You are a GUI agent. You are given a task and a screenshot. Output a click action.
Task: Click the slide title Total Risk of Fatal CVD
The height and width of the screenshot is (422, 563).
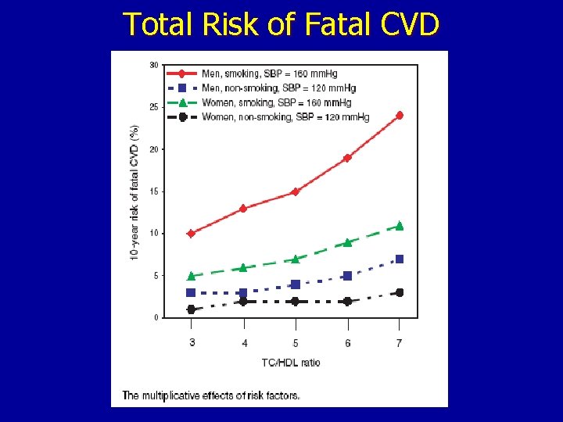tap(281, 24)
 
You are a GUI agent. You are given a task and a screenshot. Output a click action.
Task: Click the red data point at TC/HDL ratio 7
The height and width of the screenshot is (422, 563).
tap(400, 115)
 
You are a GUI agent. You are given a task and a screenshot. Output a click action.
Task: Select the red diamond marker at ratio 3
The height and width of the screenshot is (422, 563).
tap(191, 233)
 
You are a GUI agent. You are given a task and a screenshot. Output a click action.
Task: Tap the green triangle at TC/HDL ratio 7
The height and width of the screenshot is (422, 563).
tap(400, 226)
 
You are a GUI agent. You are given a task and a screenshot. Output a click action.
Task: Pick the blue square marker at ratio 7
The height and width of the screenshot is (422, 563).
tap(400, 259)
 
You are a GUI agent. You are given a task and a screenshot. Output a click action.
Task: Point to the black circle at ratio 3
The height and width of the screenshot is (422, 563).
tap(191, 309)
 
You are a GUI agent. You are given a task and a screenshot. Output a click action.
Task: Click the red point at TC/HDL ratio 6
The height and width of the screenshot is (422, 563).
tap(347, 158)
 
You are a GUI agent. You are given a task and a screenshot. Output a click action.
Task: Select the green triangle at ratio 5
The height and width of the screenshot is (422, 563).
tap(295, 259)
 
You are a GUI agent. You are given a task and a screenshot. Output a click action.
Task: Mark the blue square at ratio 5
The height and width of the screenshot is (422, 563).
tap(295, 284)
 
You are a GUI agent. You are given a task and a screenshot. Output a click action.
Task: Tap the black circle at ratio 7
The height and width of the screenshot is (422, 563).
tap(400, 292)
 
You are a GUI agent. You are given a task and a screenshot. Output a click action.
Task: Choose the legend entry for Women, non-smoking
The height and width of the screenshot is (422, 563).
tap(285, 117)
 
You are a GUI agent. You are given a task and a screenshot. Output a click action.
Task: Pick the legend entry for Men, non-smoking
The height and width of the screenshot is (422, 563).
tap(278, 88)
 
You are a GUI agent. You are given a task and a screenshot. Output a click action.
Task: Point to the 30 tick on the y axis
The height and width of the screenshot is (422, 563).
tap(154, 65)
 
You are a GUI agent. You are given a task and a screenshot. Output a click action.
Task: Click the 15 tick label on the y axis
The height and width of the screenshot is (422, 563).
tap(154, 191)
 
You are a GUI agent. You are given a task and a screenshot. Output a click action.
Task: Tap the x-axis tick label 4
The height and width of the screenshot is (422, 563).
tap(244, 343)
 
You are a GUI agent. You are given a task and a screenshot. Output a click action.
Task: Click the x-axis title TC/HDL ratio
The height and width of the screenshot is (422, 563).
tap(290, 362)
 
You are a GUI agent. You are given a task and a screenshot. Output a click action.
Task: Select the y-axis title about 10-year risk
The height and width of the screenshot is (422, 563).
tap(134, 192)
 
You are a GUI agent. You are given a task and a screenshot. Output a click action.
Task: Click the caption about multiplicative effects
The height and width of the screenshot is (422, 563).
tap(210, 395)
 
